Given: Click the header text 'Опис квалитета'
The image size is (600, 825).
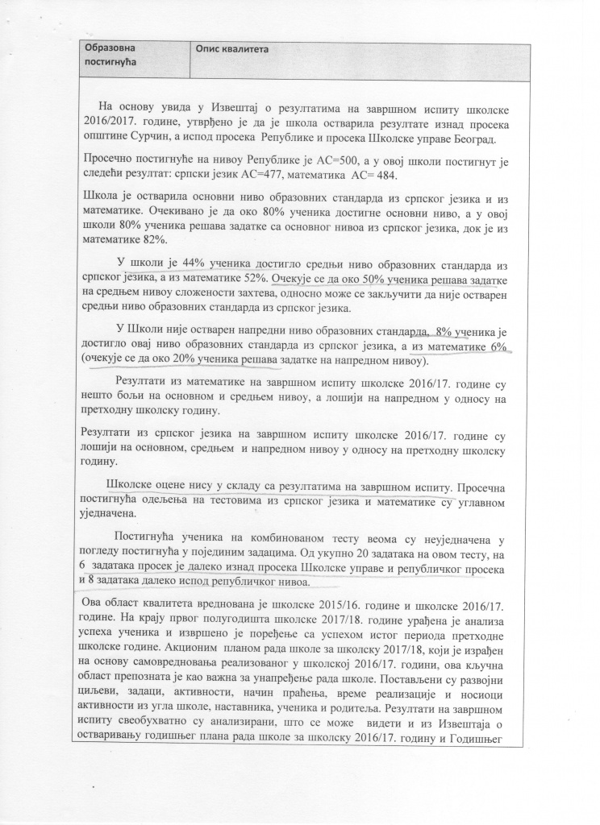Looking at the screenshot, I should point(231,48).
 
